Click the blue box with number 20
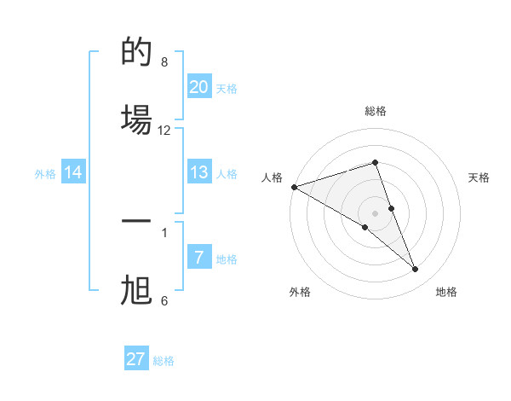[199, 87]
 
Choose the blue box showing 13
[199, 172]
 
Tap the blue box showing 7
[199, 258]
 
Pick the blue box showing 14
[73, 173]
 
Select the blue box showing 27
[136, 359]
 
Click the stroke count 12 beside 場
[164, 131]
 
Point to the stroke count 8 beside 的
[164, 61]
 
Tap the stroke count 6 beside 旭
[164, 300]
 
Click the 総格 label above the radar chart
[376, 111]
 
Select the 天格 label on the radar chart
[479, 177]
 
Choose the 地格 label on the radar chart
[446, 292]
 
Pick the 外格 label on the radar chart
[301, 292]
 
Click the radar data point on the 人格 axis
[294, 187]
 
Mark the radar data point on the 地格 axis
[416, 269]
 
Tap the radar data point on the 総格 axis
[376, 162]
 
